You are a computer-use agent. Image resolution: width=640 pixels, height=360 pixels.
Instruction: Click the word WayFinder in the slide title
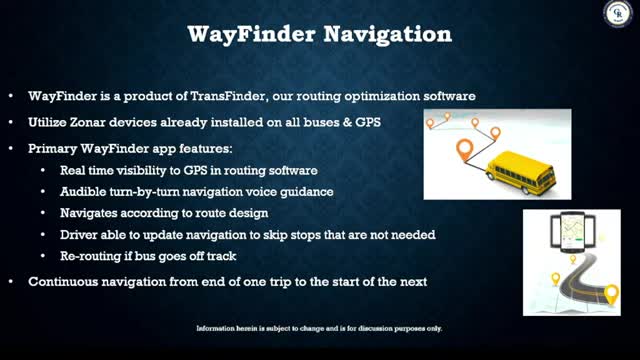(x=251, y=35)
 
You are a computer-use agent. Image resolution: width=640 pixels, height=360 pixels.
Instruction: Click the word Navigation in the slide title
(x=388, y=35)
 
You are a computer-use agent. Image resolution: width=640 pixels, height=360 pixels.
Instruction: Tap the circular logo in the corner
(x=618, y=13)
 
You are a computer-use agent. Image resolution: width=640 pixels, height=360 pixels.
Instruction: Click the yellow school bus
(x=521, y=172)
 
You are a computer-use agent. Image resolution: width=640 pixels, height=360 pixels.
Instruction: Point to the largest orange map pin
(x=464, y=150)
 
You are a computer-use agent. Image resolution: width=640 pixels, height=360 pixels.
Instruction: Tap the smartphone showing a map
(x=572, y=232)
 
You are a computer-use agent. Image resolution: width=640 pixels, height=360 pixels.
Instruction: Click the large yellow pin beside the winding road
(x=611, y=295)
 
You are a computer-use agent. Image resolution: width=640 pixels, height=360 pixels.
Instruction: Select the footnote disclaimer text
(x=319, y=328)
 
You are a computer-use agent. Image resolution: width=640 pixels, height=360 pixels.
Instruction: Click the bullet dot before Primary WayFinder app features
(x=11, y=148)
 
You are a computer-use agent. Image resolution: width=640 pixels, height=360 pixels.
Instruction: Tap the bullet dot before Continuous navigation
(x=11, y=282)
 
